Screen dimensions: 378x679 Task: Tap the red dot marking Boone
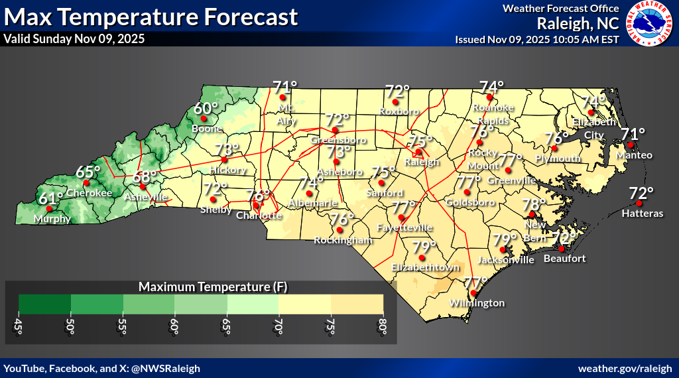pyautogui.click(x=197, y=119)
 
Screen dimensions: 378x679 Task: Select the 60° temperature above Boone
pyautogui.click(x=206, y=109)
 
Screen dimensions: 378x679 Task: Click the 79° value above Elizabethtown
pyautogui.click(x=424, y=247)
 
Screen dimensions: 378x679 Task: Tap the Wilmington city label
pyautogui.click(x=477, y=303)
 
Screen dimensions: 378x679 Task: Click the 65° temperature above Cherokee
pyautogui.click(x=87, y=172)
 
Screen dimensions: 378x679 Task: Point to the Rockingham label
pyautogui.click(x=343, y=240)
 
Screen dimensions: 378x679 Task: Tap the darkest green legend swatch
pyautogui.click(x=45, y=303)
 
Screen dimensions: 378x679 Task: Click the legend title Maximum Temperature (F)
pyautogui.click(x=205, y=287)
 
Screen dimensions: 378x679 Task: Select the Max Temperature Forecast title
pyautogui.click(x=150, y=15)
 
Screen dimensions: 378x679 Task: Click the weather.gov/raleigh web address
pyautogui.click(x=626, y=368)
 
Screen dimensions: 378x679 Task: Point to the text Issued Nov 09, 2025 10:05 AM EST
pyautogui.click(x=537, y=39)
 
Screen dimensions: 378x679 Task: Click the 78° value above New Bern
pyautogui.click(x=534, y=204)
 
